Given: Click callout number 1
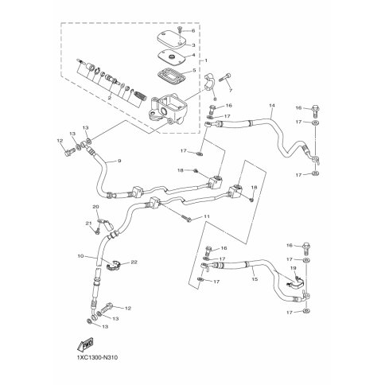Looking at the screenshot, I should pos(206,61).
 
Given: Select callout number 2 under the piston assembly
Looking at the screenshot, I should pos(110,99).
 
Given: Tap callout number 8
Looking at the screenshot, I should pos(80,256).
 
